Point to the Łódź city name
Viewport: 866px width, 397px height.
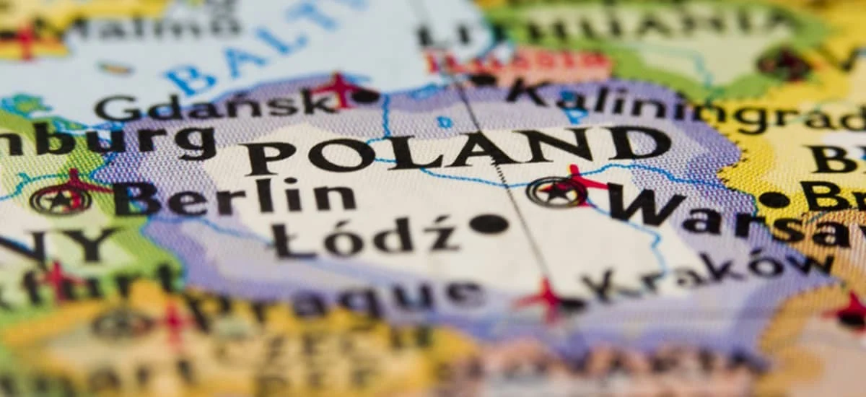click(x=365, y=237)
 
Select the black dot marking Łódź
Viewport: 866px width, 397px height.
click(x=489, y=224)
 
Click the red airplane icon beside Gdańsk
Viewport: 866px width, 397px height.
click(x=339, y=90)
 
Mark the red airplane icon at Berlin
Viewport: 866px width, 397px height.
click(x=75, y=185)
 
